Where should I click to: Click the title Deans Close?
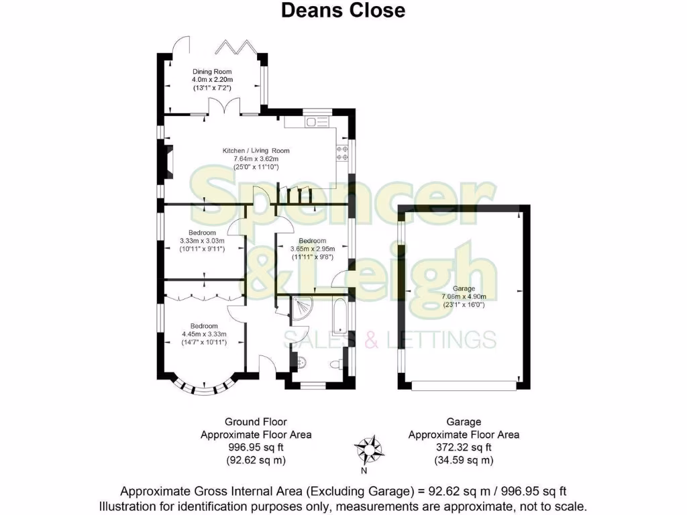tap(343, 11)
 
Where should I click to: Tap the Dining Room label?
tap(211, 72)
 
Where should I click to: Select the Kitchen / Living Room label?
tap(256, 151)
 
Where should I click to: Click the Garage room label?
tap(464, 289)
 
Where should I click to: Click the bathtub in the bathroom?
tap(339, 316)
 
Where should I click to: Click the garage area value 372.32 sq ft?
tap(464, 447)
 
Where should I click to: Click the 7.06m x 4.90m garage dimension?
tap(464, 297)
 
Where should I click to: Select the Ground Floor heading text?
tap(256, 422)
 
